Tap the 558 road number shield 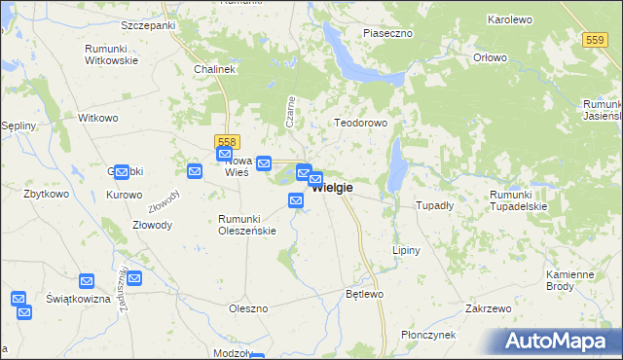coord(226,142)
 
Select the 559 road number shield coord(597,39)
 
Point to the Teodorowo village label coord(361,124)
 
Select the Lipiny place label coord(406,250)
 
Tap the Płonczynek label coord(428,335)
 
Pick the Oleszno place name coord(247,308)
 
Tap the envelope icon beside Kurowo coord(122,172)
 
